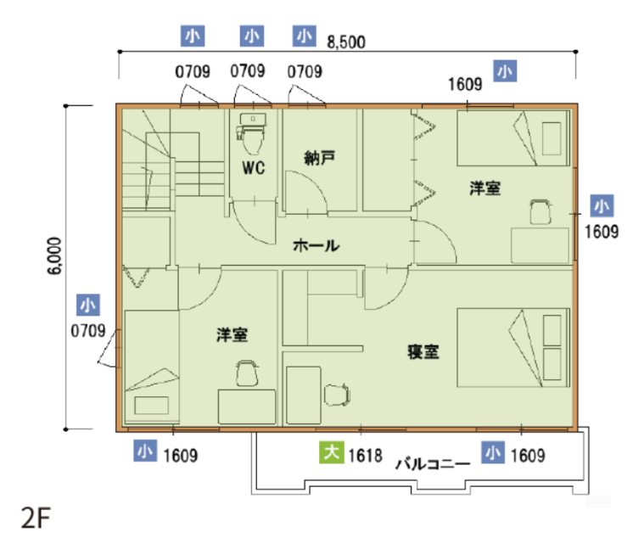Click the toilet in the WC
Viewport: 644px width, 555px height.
click(x=251, y=132)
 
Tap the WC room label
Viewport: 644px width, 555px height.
click(x=254, y=168)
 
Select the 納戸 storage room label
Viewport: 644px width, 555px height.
click(x=320, y=158)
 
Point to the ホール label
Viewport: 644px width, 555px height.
click(x=316, y=245)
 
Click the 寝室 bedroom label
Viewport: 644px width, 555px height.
click(x=423, y=352)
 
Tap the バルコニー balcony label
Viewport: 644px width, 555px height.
click(x=433, y=464)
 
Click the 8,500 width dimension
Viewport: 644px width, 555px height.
click(x=346, y=42)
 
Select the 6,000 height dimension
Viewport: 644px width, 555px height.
click(x=54, y=255)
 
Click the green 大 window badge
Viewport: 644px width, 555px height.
click(x=332, y=452)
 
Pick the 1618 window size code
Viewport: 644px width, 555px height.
click(x=365, y=456)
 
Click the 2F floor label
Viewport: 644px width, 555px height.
click(x=36, y=518)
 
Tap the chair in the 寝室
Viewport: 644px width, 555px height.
click(x=337, y=395)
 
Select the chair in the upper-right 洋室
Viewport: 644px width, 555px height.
click(x=540, y=211)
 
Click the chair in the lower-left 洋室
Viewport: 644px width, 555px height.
click(x=247, y=373)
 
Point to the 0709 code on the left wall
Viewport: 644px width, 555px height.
click(x=88, y=331)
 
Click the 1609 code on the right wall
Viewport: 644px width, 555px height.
click(x=602, y=233)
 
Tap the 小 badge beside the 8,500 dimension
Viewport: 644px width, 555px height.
click(x=305, y=36)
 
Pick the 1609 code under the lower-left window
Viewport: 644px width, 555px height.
click(x=181, y=456)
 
